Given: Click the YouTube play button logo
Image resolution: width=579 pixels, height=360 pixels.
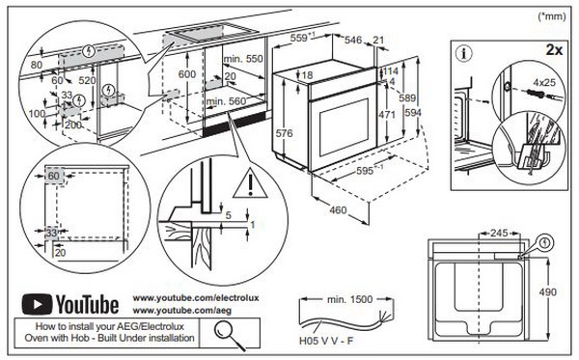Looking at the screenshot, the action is pyautogui.click(x=37, y=304).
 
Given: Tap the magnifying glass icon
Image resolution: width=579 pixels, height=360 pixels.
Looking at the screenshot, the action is pyautogui.click(x=229, y=335).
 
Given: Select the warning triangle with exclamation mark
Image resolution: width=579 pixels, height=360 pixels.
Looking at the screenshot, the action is pyautogui.click(x=250, y=184).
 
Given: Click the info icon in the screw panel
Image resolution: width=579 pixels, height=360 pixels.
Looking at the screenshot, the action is pyautogui.click(x=464, y=53).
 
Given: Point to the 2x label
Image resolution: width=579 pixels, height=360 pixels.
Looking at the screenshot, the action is pyautogui.click(x=554, y=49).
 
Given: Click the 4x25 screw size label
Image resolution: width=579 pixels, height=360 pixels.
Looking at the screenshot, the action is pyautogui.click(x=544, y=82).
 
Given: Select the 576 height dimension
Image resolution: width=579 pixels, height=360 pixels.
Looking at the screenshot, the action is pyautogui.click(x=284, y=133).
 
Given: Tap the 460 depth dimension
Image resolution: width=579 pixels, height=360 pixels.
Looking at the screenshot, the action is pyautogui.click(x=338, y=210).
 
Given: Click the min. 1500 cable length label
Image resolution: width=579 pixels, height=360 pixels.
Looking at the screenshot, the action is pyautogui.click(x=349, y=299).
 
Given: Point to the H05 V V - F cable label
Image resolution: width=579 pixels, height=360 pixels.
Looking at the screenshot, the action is pyautogui.click(x=326, y=341).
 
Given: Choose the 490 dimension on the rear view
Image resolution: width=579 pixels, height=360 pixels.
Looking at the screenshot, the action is pyautogui.click(x=547, y=292).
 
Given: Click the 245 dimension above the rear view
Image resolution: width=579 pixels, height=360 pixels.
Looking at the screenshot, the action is pyautogui.click(x=499, y=234).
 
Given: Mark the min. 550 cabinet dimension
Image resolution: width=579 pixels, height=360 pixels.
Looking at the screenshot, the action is pyautogui.click(x=243, y=58).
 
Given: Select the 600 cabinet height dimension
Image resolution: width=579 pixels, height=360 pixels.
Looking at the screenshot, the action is pyautogui.click(x=187, y=74).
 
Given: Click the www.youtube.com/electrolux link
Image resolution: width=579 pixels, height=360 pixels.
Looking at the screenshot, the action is pyautogui.click(x=196, y=297).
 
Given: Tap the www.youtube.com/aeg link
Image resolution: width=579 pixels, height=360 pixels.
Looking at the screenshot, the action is pyautogui.click(x=182, y=310).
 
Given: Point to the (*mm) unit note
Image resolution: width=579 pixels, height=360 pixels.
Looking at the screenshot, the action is pyautogui.click(x=552, y=16).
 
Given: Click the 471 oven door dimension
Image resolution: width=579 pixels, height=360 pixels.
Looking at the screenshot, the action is pyautogui.click(x=387, y=115).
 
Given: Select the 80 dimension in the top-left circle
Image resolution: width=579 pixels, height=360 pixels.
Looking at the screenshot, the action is pyautogui.click(x=37, y=65).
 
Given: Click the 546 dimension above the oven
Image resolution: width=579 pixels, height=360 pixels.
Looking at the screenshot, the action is pyautogui.click(x=353, y=40).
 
